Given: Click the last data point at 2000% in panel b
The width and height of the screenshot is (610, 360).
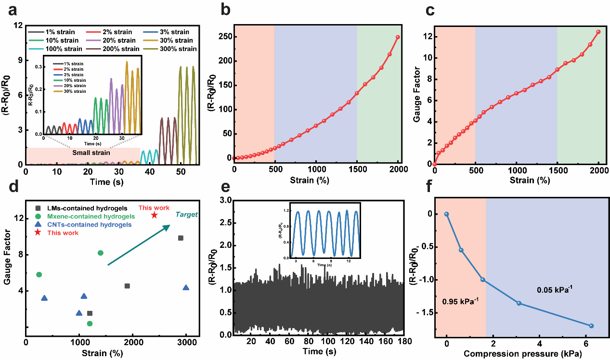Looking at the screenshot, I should [398, 37].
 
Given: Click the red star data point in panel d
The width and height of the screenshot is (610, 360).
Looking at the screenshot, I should [154, 215].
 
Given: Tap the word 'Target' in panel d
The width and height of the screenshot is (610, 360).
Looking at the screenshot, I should [186, 214].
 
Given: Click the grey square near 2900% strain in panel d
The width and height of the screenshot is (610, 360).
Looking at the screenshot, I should [181, 238].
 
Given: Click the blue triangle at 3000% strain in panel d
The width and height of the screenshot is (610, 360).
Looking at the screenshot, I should [186, 288].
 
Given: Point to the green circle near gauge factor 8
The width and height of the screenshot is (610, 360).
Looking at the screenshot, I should [101, 253].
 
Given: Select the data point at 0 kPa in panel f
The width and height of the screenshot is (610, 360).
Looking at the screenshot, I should [447, 214].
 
